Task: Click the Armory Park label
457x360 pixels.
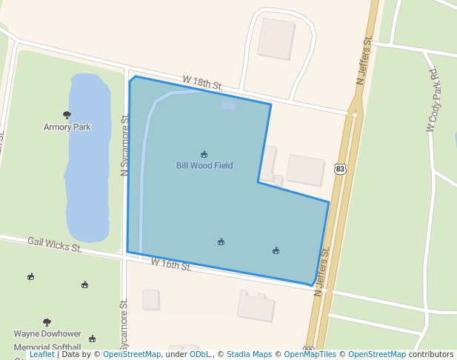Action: click(67, 127)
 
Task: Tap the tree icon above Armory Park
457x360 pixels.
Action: click(67, 115)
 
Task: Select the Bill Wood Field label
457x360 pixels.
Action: click(204, 165)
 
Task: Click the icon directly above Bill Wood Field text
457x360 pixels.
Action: click(204, 154)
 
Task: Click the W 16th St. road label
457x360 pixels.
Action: click(171, 264)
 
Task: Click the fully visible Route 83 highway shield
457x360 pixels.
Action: click(340, 170)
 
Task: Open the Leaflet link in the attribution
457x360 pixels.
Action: click(42, 354)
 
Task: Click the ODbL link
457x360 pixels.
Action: click(199, 354)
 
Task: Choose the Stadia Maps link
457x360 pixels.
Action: click(249, 354)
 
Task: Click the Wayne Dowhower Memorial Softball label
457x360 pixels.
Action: click(47, 340)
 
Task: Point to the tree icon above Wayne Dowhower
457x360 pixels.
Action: click(47, 323)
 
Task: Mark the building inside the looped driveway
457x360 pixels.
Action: click(276, 38)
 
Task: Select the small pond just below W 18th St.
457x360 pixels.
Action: click(228, 106)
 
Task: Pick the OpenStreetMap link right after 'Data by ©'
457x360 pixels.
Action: click(132, 354)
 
